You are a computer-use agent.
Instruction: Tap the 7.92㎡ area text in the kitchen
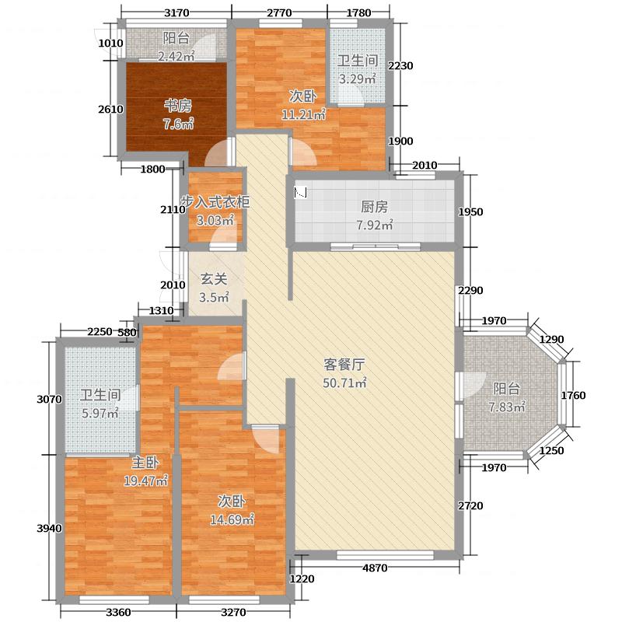(375, 226)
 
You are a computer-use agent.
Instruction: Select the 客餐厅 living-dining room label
(344, 364)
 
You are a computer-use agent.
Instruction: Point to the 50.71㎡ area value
(344, 383)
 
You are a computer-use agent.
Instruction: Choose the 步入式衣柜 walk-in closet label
(215, 202)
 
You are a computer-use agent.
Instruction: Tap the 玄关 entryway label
(214, 278)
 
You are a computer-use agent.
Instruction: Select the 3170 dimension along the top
(177, 12)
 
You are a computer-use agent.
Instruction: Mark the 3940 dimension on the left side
(48, 528)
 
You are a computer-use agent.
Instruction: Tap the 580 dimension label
(128, 333)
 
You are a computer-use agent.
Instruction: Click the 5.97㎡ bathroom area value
(101, 413)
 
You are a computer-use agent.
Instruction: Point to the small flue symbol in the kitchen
(299, 192)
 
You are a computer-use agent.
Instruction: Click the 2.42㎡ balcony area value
(175, 56)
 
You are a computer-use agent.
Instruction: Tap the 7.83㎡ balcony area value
(508, 407)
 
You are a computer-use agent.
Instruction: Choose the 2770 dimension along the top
(278, 12)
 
